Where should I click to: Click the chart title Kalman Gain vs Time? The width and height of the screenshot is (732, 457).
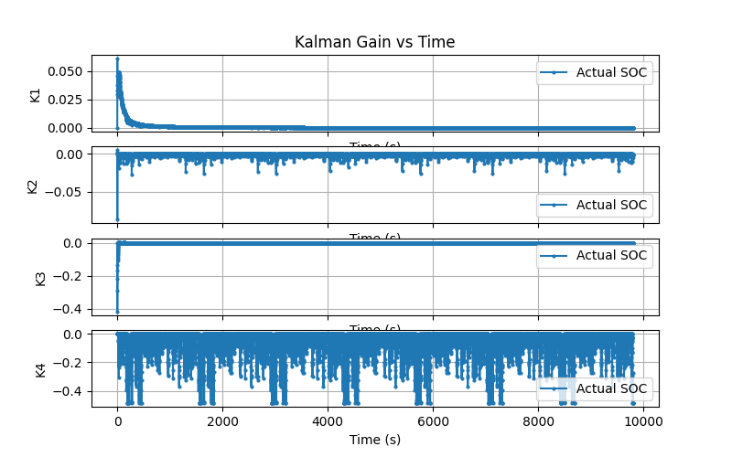374,42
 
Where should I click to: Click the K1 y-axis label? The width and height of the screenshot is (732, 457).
36,94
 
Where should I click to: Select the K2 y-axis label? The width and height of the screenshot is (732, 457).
33,186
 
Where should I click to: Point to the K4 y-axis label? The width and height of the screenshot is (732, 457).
40,369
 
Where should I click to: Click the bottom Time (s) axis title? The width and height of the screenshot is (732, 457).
374,440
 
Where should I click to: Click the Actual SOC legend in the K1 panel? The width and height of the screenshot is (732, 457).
595,73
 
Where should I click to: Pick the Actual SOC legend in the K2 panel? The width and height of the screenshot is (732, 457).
595,206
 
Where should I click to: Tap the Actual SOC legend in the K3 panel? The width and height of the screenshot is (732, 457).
595,256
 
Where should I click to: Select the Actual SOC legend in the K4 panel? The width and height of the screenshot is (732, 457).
595,389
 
